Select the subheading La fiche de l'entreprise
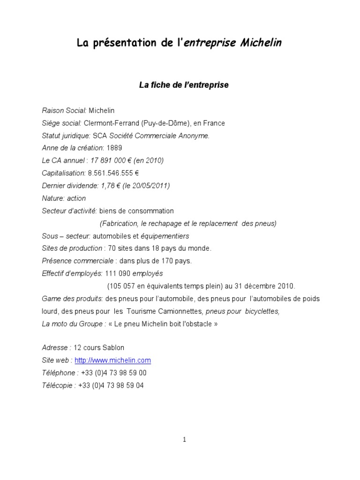[x=183, y=85]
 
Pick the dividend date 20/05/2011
[x=149, y=186]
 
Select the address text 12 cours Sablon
[x=99, y=348]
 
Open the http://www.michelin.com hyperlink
[x=112, y=360]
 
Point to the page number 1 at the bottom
[x=185, y=440]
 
